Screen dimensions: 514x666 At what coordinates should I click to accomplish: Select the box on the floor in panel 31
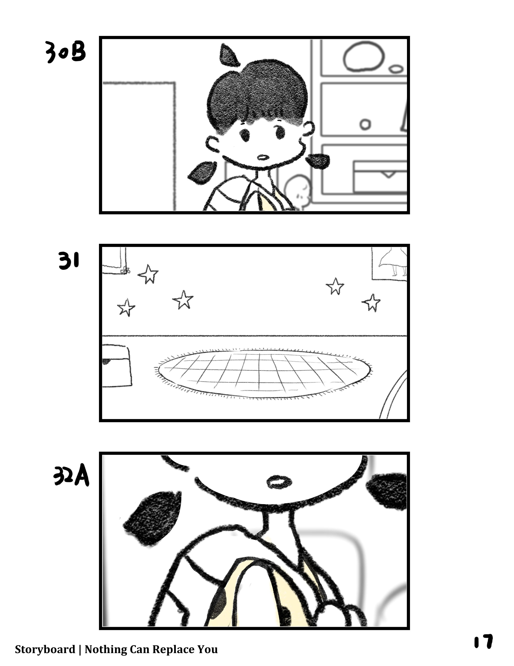pyautogui.click(x=117, y=366)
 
